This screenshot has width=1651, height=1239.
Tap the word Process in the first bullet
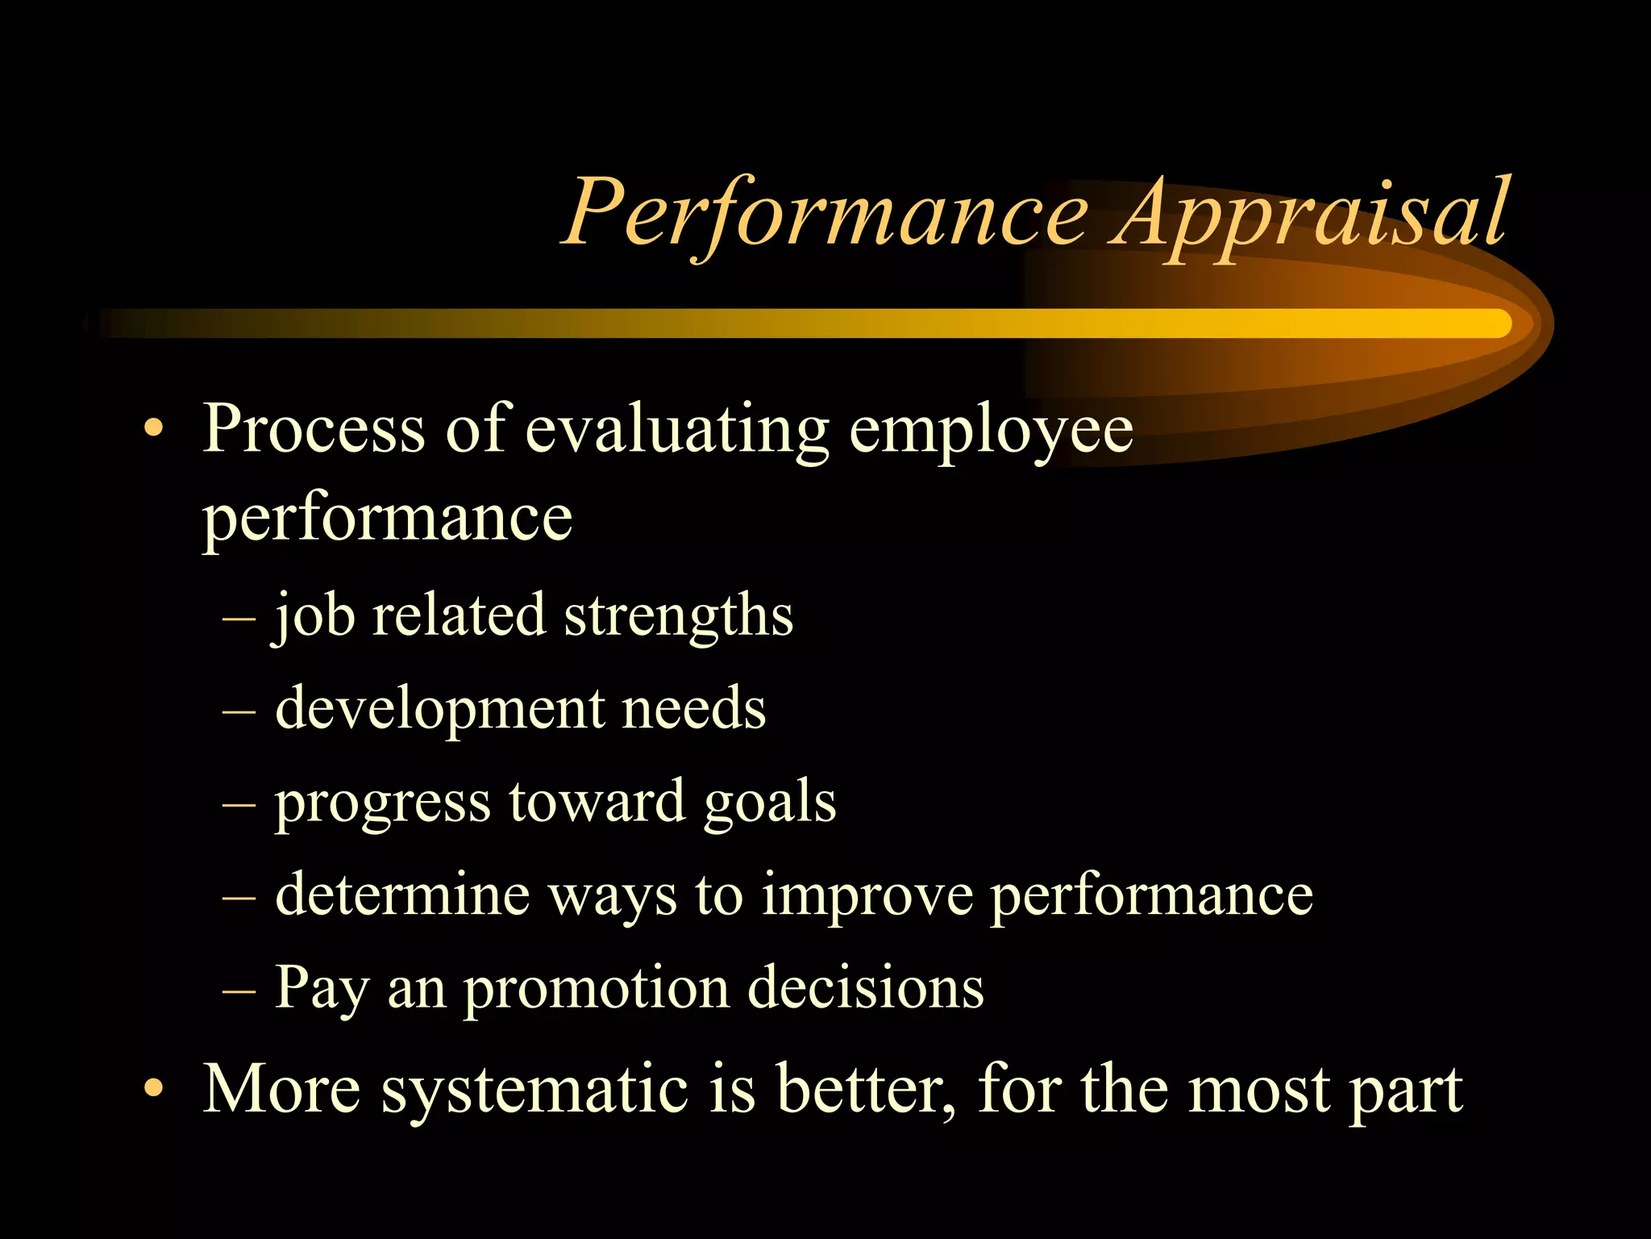[314, 428]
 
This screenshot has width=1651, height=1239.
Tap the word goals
[769, 803]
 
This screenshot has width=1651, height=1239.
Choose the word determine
[402, 895]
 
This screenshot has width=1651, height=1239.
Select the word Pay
[322, 989]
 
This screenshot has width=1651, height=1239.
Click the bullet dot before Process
[153, 428]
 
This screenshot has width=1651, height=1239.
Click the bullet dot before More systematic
[153, 1090]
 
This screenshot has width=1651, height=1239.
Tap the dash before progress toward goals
[239, 805]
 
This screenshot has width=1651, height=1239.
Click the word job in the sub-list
[314, 617]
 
